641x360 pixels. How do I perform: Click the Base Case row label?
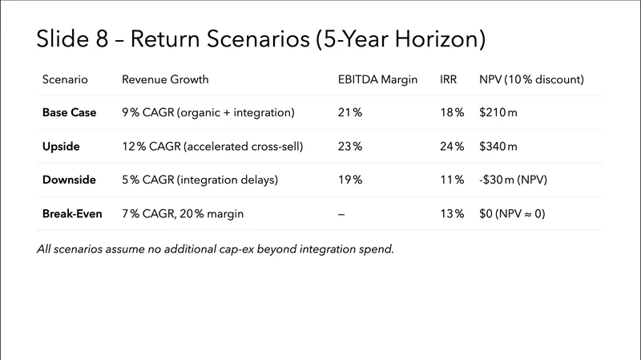click(69, 113)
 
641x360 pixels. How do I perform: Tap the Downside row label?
click(70, 180)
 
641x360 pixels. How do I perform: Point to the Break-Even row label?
click(73, 214)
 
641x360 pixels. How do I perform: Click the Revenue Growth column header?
click(165, 80)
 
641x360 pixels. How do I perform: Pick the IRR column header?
click(449, 80)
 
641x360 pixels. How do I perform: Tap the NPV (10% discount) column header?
click(531, 80)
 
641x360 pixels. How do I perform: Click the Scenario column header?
click(65, 80)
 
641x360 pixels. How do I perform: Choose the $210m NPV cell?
click(498, 113)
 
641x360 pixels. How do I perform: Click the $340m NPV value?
click(498, 147)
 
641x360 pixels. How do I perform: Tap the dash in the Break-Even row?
click(342, 214)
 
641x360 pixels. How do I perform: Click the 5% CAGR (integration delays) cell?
click(200, 180)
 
